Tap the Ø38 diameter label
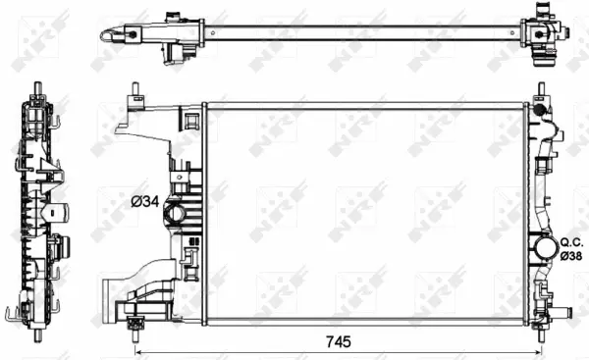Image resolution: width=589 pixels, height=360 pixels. pyautogui.click(x=572, y=254)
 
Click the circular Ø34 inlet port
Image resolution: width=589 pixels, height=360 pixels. pyautogui.click(x=177, y=213)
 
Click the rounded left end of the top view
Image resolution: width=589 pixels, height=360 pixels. pyautogui.click(x=104, y=35)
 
